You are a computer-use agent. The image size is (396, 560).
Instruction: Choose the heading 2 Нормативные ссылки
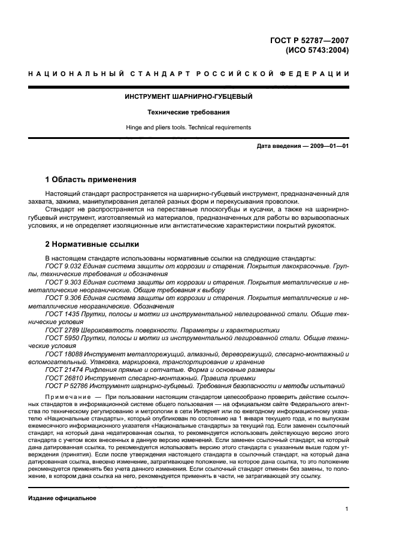[x=93, y=244]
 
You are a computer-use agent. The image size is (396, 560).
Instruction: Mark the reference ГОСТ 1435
[x=63, y=313]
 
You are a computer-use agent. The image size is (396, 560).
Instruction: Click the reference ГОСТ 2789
[x=63, y=329]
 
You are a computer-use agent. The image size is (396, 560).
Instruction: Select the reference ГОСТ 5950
[x=63, y=338]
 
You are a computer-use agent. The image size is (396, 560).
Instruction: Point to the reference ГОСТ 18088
[x=65, y=354]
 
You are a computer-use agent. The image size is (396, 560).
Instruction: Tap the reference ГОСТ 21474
[x=65, y=370]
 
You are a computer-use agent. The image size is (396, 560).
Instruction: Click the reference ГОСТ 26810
[x=65, y=378]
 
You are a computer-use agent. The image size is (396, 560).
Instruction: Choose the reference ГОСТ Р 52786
[x=68, y=386]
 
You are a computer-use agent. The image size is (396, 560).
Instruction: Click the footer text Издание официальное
[x=62, y=498]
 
